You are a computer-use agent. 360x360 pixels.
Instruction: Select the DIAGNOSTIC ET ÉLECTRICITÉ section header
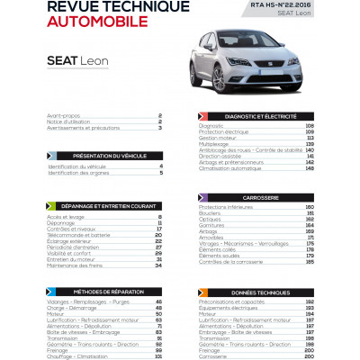coord(261,117)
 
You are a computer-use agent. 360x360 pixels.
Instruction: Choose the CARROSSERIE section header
coord(261,197)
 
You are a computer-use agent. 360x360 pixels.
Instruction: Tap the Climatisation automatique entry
coord(234,167)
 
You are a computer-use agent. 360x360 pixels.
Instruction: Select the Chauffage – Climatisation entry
coord(76,355)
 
